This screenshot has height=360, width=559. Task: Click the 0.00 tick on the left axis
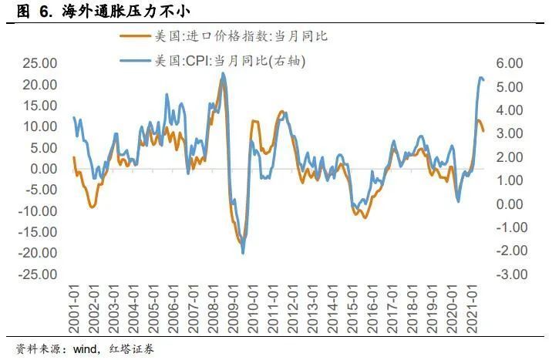(40, 169)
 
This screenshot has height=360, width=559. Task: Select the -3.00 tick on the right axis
(508, 274)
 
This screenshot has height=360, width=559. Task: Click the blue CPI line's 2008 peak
(223, 74)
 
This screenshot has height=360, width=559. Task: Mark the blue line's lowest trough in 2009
(243, 253)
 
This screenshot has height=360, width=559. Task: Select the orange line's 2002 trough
(93, 207)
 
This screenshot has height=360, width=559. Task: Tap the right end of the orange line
(483, 130)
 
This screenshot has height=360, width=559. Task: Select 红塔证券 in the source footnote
(132, 349)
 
